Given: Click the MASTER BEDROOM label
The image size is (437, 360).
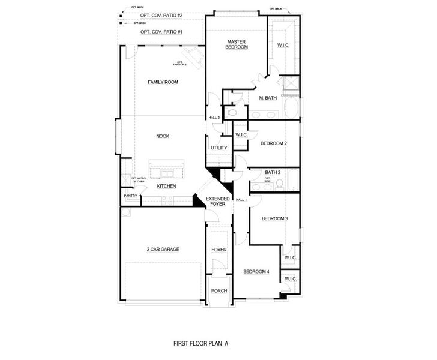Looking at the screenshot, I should click(237, 44).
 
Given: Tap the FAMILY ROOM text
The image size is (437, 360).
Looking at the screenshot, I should click(163, 82).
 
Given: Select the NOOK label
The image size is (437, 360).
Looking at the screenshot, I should click(163, 136).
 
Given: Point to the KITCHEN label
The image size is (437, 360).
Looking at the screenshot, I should click(166, 187).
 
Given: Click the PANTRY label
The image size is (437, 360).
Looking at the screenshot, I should click(130, 196).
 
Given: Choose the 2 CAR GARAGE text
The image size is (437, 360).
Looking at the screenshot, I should click(163, 249).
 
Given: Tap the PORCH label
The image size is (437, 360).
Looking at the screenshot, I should click(219, 290).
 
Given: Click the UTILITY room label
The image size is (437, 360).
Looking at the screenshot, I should click(218, 148).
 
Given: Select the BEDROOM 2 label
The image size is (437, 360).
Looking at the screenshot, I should click(274, 143).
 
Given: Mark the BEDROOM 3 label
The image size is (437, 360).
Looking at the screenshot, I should click(274, 218).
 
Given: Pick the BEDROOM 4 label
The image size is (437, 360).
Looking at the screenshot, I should click(256, 272).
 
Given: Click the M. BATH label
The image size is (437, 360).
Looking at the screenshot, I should click(268, 98).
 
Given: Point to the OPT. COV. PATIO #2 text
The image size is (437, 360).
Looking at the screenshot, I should click(161, 15).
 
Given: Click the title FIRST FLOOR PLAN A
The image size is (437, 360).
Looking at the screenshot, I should click(201, 344).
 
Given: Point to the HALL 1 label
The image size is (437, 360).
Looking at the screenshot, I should click(241, 199).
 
